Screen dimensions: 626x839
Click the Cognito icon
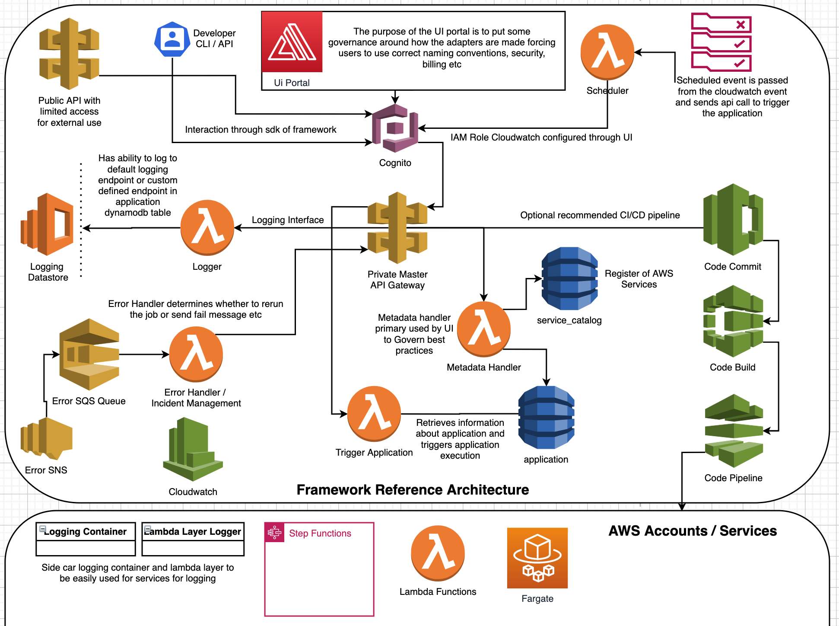(395, 128)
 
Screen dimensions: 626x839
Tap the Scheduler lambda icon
(607, 52)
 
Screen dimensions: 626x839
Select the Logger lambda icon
(207, 227)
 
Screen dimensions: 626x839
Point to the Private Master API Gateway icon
(397, 228)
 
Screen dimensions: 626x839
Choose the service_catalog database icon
(569, 278)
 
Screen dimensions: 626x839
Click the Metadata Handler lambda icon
(483, 329)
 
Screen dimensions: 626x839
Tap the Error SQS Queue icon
(89, 354)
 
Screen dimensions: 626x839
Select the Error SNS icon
(46, 438)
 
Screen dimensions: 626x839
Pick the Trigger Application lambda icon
(374, 414)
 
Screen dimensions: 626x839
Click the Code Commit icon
(733, 220)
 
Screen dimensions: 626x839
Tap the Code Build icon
(733, 321)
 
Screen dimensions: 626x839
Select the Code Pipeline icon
(734, 431)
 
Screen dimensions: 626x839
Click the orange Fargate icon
(537, 558)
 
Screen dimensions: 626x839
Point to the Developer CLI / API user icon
(172, 39)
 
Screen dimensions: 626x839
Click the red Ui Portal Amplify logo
(292, 42)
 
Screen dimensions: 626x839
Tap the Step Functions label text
(320, 533)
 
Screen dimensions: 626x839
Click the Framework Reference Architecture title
(413, 489)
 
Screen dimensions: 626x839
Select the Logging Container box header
(86, 531)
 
